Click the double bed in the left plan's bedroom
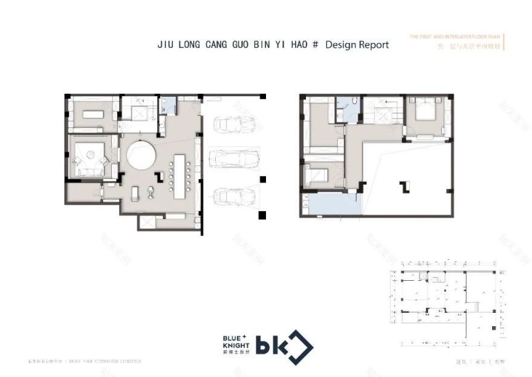point(91,159)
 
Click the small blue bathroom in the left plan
point(167,106)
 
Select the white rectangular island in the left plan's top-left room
point(94,113)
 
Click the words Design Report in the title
point(357,45)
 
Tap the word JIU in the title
point(166,45)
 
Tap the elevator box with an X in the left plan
point(140,114)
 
